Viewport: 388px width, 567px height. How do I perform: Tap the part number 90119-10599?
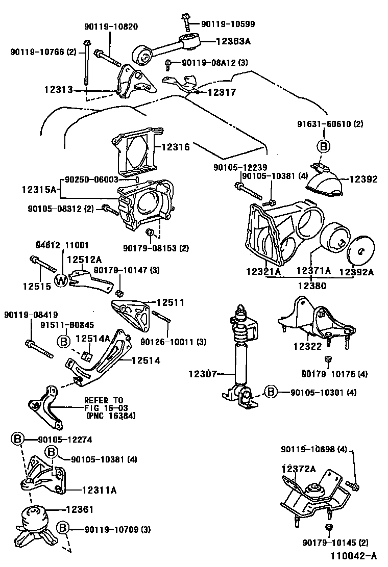228,23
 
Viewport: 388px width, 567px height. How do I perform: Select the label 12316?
176,147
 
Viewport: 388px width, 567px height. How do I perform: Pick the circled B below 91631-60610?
323,146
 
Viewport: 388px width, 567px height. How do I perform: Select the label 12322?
307,346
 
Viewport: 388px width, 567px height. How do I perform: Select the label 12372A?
298,468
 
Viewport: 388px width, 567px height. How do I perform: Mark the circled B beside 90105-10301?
271,392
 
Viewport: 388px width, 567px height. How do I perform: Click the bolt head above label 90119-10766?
87,43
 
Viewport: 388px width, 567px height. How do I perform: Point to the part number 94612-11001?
62,245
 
